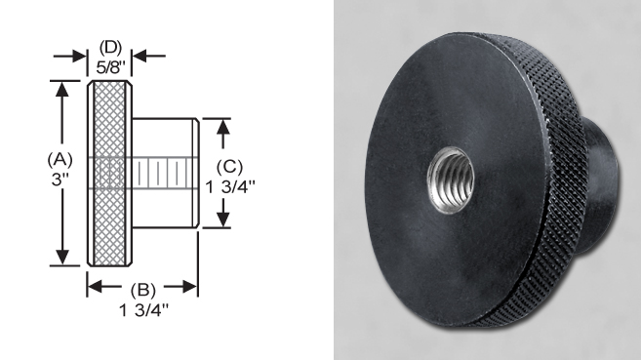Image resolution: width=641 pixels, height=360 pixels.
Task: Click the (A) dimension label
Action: coord(61,157)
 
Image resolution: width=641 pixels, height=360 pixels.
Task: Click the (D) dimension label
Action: coord(110,47)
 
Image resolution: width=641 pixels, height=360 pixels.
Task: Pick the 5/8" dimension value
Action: coord(110,65)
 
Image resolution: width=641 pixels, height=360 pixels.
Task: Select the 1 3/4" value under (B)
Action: coord(142,309)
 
